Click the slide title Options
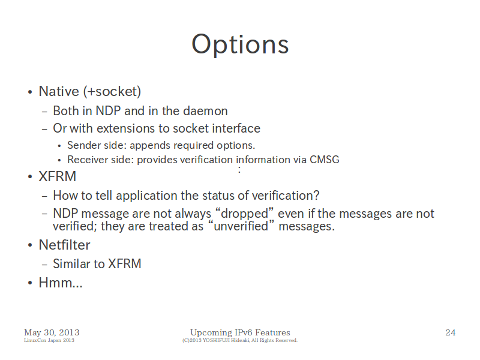240,44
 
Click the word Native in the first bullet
59,91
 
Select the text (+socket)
112,92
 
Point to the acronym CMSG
325,160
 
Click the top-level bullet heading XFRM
57,176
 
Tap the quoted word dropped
244,214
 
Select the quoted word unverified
241,226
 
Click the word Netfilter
64,245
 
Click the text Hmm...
61,283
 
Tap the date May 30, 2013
52,332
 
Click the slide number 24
451,332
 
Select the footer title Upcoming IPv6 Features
240,332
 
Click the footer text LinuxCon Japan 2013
49,340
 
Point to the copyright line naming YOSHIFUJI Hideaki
239,340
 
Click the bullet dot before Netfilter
29,245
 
